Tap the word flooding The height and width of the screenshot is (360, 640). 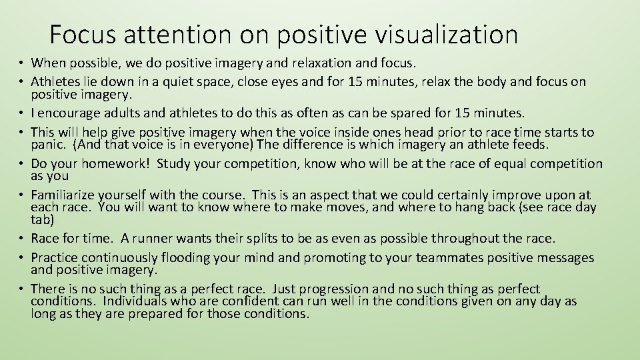(191, 257)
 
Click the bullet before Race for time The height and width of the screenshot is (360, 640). (22, 239)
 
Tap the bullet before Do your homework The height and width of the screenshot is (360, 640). (22, 164)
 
